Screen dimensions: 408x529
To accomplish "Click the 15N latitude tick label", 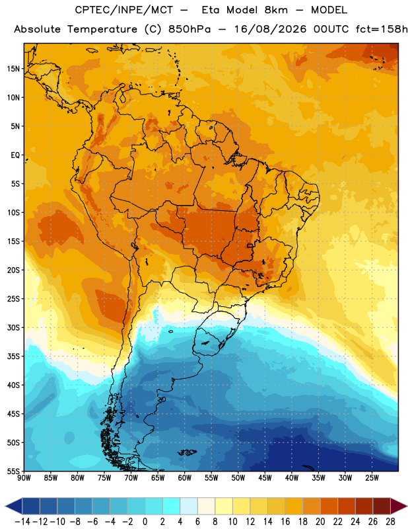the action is [x=13, y=69].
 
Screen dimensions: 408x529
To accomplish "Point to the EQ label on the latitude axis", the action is [x=15, y=155].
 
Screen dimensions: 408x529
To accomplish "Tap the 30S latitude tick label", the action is [x=13, y=327].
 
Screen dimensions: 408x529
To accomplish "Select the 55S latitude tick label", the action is [x=13, y=471].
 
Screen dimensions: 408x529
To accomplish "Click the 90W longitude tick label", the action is [x=24, y=478].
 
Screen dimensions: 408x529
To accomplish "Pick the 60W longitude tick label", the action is [x=184, y=478].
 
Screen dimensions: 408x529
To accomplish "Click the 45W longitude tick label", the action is [x=265, y=478].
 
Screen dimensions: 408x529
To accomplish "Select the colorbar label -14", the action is [x=22, y=522].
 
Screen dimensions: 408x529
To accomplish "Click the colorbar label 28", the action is [x=390, y=522].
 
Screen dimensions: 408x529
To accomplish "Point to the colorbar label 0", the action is [x=145, y=522].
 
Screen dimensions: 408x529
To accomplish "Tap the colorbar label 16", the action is [x=285, y=522].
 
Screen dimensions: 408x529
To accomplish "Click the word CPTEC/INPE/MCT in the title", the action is [x=124, y=10].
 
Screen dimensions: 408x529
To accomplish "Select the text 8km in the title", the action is [x=276, y=10].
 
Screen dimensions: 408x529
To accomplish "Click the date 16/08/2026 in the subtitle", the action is [x=270, y=29].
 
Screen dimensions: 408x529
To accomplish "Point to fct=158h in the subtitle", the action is [x=382, y=29].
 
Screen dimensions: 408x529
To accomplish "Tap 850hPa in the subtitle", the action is [x=189, y=29].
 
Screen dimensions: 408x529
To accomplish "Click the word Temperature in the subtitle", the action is [x=102, y=30].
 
